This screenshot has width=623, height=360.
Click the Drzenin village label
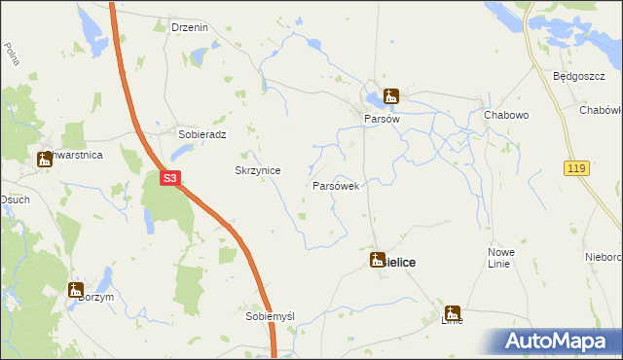pos(190,27)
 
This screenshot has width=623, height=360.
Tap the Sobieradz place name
pos(202,134)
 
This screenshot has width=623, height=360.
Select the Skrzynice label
pos(258,170)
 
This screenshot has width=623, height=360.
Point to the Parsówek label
pos(336,185)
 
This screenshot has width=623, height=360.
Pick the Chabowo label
pos(505,115)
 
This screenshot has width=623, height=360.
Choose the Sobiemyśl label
pos(270,317)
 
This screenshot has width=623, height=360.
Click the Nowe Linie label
pos(500,259)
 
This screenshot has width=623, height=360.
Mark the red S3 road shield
pos(169,178)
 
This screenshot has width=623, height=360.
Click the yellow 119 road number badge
pos(575,169)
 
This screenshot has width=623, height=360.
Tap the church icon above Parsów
pos(391,95)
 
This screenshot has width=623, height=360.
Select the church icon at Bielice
pos(378,260)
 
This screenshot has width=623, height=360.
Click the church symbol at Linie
pos(453,313)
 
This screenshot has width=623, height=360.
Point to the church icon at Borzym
pos(76,288)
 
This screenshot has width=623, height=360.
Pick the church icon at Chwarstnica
pos(45,159)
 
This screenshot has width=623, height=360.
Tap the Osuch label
pos(13,200)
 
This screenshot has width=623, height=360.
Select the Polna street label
pos(12,54)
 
